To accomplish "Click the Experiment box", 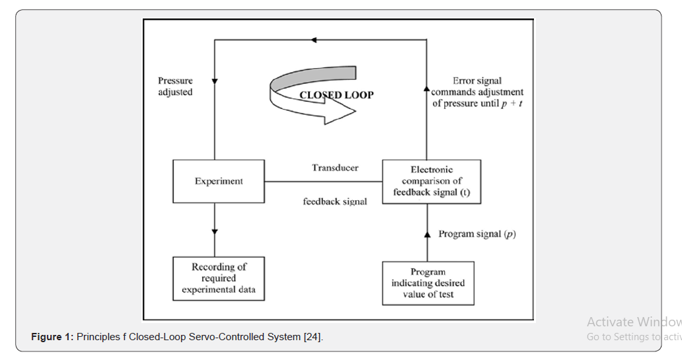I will pos(219,181).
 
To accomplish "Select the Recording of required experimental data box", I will pos(219,278).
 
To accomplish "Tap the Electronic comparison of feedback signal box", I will pos(432,181).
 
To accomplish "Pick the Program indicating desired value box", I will pos(428,283).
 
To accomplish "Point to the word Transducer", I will pos(335,168).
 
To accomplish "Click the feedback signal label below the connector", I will pos(335,201).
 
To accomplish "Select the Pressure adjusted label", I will pos(176,87).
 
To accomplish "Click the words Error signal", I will pos(476,81).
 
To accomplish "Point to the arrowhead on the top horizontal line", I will pos(314,40).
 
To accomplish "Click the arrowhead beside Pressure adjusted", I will pos(215,81).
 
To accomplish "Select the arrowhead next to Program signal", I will pos(427,234).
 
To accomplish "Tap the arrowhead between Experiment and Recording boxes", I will pos(215,232).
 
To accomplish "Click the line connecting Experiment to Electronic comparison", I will pos(323,182).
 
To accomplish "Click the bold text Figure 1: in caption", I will pos(52,337).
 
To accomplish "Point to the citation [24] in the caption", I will pos(312,337).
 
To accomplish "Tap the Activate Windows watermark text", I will pos(634,322).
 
